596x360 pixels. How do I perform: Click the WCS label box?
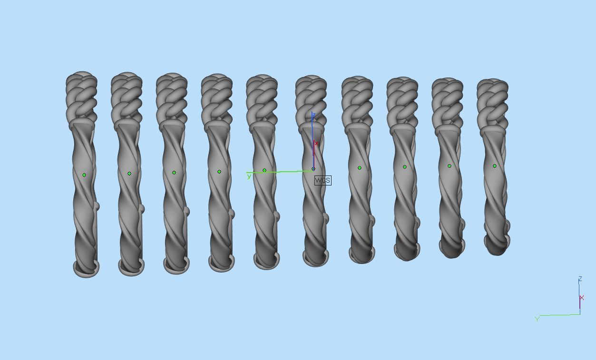point(322,180)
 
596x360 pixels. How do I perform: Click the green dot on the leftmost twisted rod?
point(84,175)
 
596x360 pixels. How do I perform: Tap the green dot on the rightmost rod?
point(495,166)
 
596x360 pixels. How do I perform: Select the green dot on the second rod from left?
point(129,174)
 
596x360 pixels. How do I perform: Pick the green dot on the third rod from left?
point(174,173)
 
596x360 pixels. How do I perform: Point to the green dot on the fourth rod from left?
point(219,172)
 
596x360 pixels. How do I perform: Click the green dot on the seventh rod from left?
point(360,168)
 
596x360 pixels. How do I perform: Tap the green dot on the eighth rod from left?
point(405,167)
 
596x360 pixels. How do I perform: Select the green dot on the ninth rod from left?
point(449,166)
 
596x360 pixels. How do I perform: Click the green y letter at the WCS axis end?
point(249,177)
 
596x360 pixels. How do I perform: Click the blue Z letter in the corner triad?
point(580,279)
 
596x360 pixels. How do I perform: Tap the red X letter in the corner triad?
point(582,298)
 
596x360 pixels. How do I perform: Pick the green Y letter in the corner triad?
point(537,319)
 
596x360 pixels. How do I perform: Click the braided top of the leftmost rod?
point(82,95)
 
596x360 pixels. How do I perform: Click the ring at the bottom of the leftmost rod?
point(86,269)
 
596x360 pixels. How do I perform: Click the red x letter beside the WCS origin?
point(316,143)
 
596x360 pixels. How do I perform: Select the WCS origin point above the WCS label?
point(313,169)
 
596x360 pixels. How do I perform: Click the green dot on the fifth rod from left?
point(264,170)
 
